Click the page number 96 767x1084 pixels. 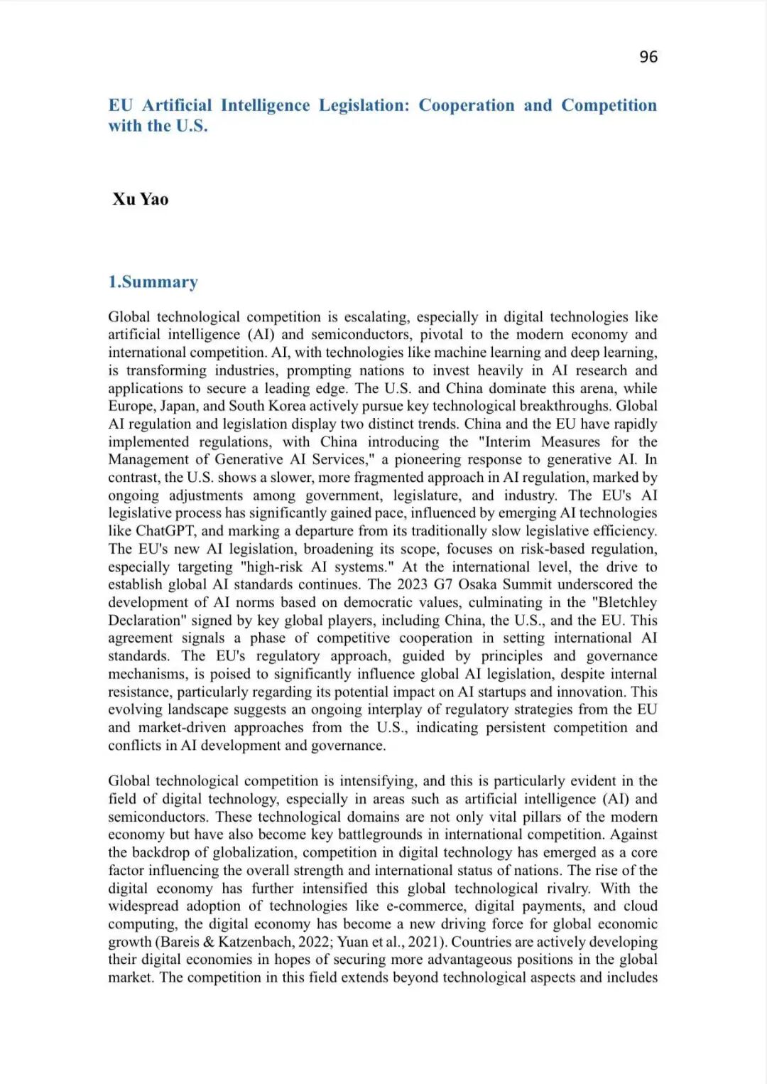(648, 57)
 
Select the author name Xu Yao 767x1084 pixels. (141, 199)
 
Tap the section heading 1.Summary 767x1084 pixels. (153, 282)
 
